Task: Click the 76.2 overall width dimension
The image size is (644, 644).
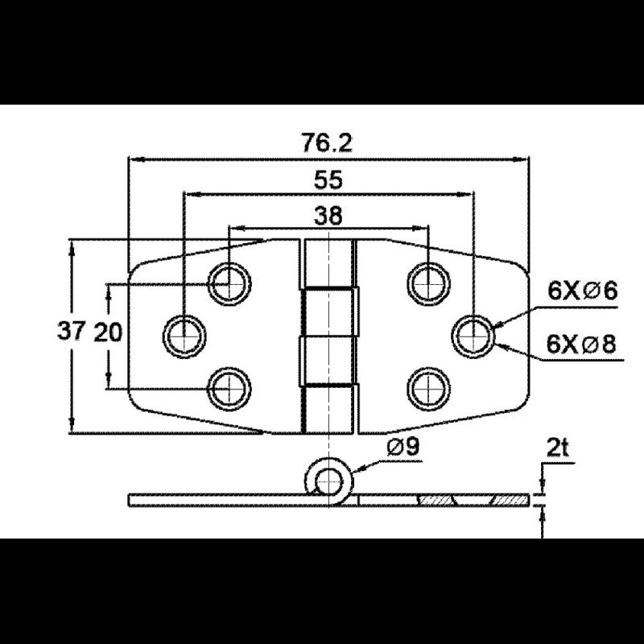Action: [x=327, y=142]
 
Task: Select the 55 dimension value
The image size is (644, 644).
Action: [x=328, y=180]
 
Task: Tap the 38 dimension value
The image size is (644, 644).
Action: [x=328, y=215]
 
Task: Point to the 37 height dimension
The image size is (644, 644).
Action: [x=71, y=331]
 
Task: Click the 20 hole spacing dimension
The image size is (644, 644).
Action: [x=109, y=332]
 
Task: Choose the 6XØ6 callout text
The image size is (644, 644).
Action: [x=582, y=291]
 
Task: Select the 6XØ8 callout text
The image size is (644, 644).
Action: [x=581, y=344]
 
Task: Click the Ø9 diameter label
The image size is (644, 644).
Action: [x=403, y=447]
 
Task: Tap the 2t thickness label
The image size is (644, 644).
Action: [x=557, y=449]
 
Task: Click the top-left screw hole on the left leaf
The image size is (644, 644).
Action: [x=229, y=283]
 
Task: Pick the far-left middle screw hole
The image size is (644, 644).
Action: [x=184, y=336]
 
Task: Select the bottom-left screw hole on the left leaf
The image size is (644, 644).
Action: [x=229, y=389]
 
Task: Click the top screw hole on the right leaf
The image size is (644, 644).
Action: [x=428, y=283]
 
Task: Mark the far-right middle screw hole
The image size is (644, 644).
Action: [x=473, y=336]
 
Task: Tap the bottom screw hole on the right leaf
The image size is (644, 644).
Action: [x=428, y=389]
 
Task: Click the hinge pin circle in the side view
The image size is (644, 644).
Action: [x=328, y=481]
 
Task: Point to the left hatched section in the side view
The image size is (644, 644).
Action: [x=436, y=500]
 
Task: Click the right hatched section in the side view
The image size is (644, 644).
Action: [x=510, y=500]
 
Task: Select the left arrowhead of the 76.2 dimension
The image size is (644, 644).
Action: [x=135, y=159]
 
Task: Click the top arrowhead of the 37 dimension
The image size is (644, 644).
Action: [x=72, y=247]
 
